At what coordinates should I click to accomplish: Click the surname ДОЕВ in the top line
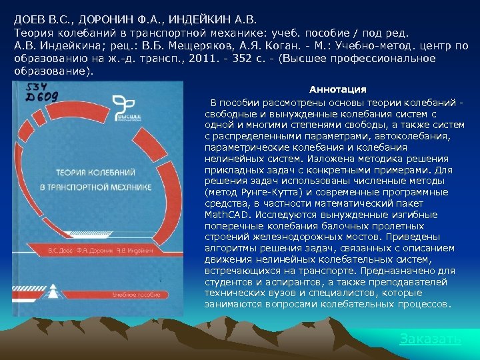pyautogui.click(x=31, y=18)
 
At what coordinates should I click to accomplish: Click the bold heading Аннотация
pyautogui.click(x=337, y=89)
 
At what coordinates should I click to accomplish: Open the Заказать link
pyautogui.click(x=429, y=339)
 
